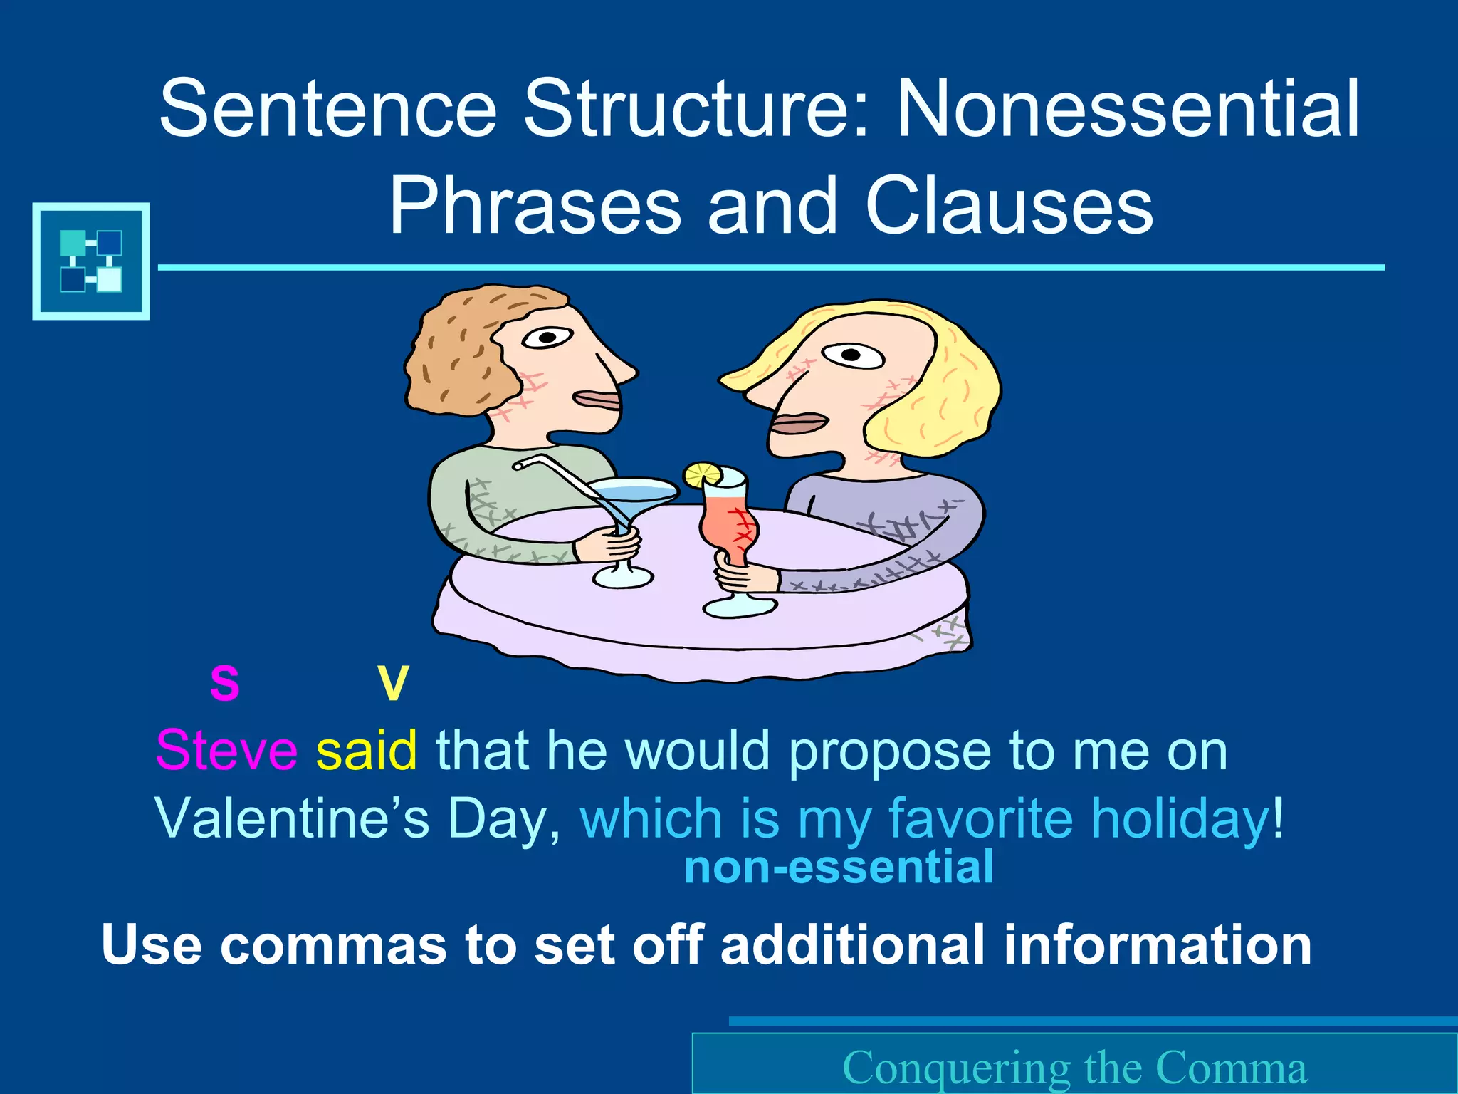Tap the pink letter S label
[x=225, y=683]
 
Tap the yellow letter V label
[x=393, y=683]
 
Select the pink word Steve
[x=226, y=751]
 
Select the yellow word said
[x=367, y=751]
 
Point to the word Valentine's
[x=292, y=818]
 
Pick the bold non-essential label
[x=839, y=868]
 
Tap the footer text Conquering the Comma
[x=1075, y=1068]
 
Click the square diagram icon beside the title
[x=91, y=261]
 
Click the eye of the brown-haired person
[x=547, y=337]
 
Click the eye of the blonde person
[x=851, y=354]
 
